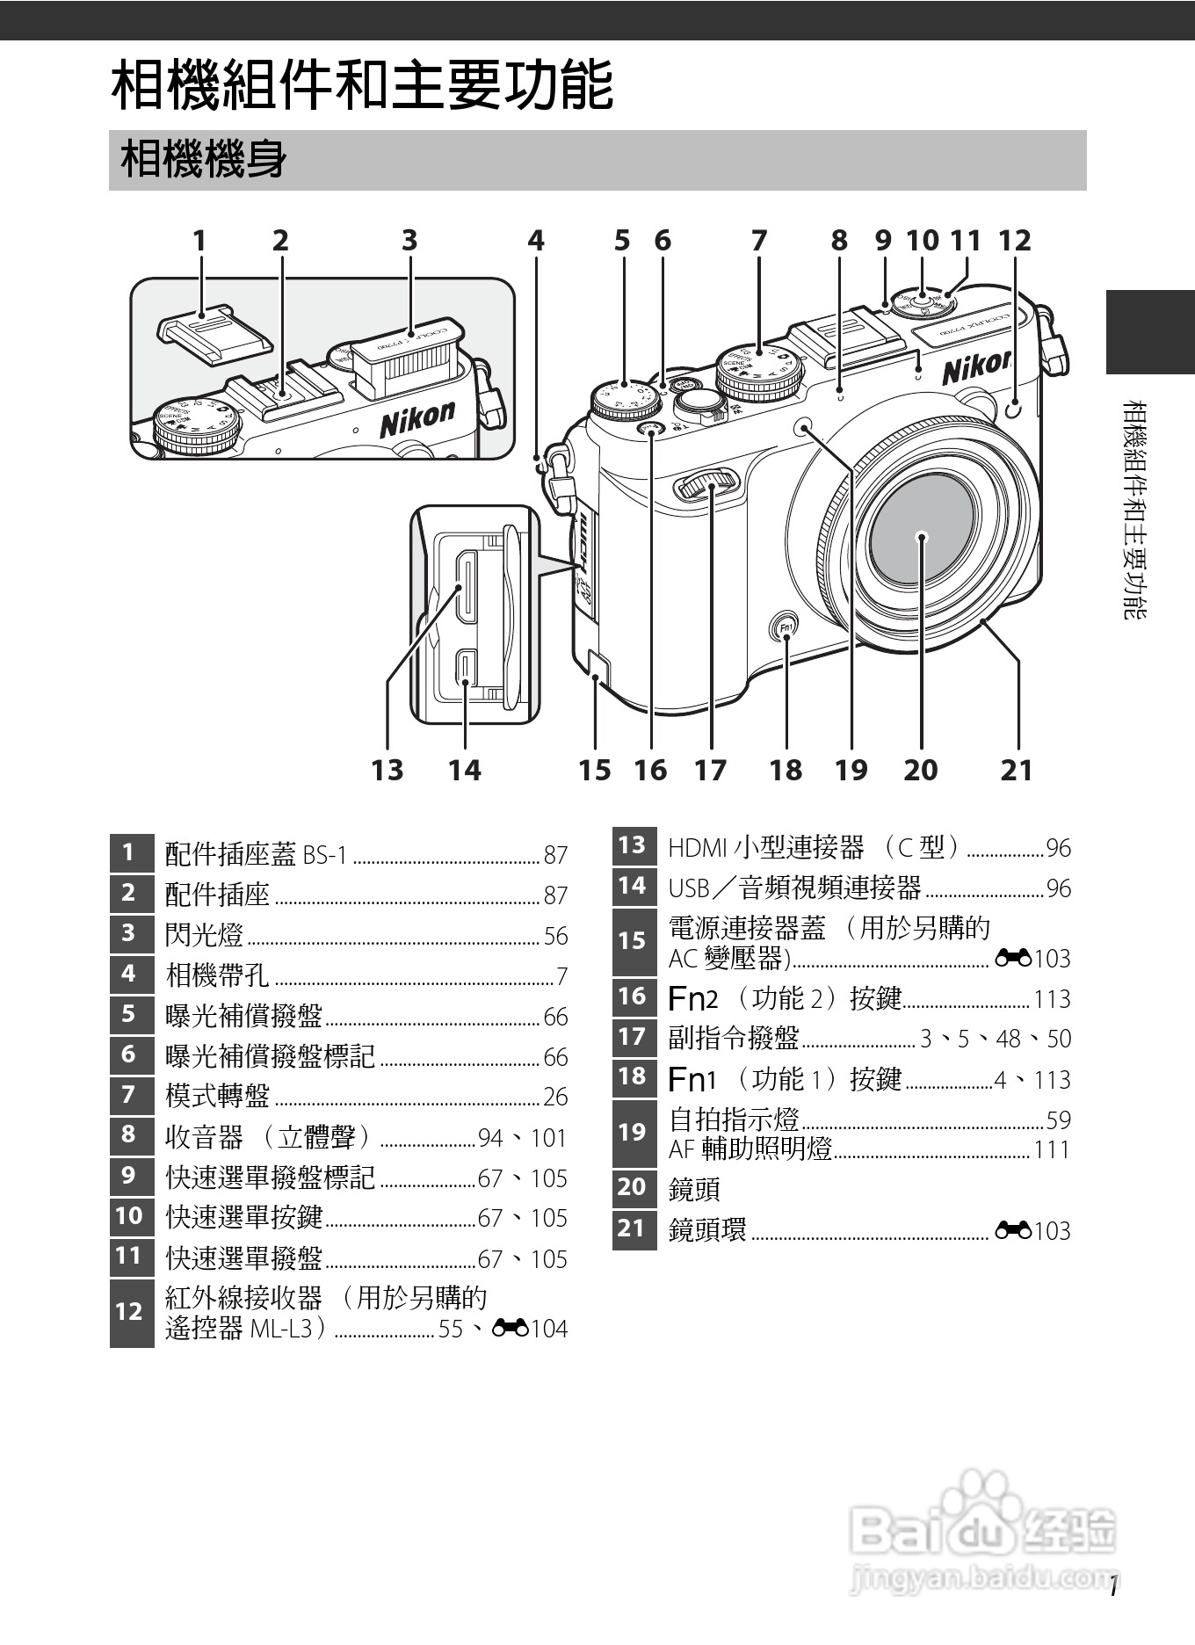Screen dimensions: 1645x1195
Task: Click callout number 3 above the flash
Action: tap(409, 240)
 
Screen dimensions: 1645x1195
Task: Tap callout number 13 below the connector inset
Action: tap(387, 770)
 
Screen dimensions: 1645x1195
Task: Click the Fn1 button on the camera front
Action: tap(786, 627)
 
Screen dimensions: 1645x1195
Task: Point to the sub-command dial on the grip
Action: tap(707, 482)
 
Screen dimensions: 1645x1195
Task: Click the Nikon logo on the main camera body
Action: tap(976, 367)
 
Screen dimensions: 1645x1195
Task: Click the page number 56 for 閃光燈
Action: tap(555, 936)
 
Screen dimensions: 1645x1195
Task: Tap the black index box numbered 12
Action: tap(131, 1312)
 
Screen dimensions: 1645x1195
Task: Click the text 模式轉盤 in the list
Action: tap(217, 1096)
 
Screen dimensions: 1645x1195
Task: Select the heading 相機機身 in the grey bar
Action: tap(204, 160)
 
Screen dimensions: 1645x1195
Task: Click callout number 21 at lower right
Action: tap(1017, 770)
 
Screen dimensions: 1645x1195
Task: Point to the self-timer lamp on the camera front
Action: tap(803, 428)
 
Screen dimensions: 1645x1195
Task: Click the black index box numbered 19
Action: tap(633, 1132)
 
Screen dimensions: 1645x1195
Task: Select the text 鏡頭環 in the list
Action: tap(707, 1229)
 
